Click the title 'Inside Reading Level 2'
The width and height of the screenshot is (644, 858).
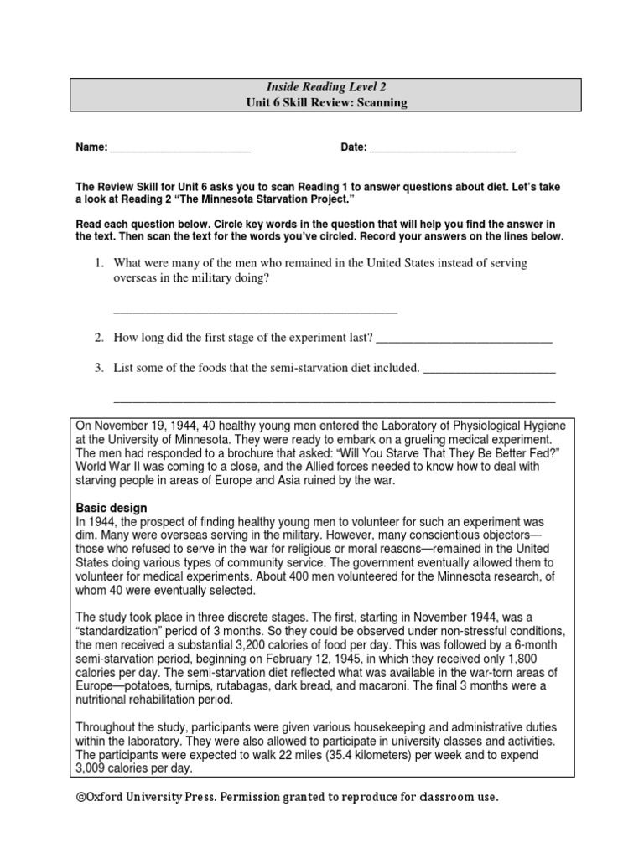(x=326, y=87)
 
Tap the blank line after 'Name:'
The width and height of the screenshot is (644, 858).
(x=180, y=148)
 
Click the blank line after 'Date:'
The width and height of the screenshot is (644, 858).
(x=442, y=148)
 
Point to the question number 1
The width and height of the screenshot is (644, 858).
(x=98, y=263)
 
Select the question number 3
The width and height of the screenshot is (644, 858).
(x=98, y=367)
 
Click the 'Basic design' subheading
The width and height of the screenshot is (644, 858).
(x=112, y=509)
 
